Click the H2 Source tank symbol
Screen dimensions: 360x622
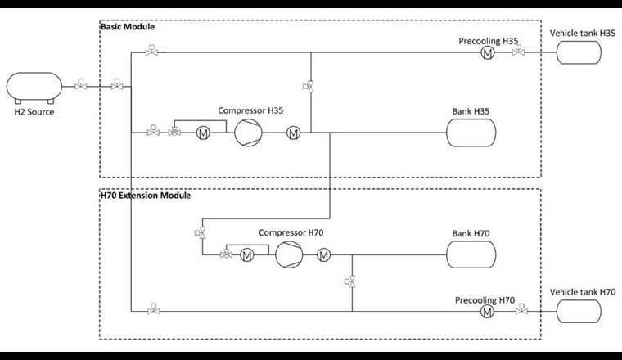click(34, 86)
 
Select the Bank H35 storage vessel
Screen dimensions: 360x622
click(470, 132)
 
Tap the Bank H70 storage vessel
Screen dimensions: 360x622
click(471, 254)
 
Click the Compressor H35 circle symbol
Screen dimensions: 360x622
click(246, 132)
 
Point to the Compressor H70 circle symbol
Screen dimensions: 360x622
click(288, 255)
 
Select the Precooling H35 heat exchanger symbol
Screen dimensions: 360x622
click(487, 52)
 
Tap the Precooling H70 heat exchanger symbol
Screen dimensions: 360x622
click(487, 311)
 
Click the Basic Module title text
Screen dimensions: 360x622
click(127, 27)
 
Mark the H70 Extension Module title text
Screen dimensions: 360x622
click(145, 196)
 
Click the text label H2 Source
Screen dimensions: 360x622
click(34, 112)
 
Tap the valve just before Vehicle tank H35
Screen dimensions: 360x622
click(518, 52)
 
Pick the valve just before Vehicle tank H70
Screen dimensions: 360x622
click(523, 311)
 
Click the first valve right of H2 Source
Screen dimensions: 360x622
click(80, 85)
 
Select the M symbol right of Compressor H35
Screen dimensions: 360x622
click(293, 133)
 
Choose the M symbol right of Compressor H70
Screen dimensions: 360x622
click(323, 255)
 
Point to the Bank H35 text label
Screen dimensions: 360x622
click(470, 110)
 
